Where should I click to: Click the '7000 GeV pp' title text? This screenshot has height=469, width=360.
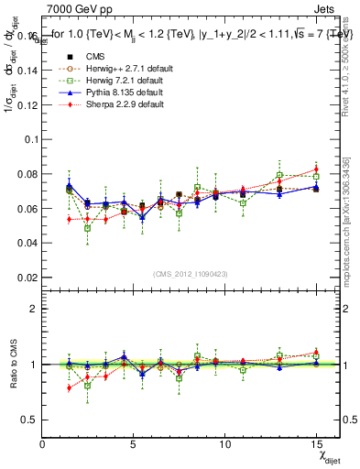[75, 8]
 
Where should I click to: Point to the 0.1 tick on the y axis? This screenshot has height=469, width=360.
[30, 139]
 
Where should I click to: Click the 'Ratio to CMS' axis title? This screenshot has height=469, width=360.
[10, 365]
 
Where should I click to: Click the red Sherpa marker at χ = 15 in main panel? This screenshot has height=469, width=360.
[316, 169]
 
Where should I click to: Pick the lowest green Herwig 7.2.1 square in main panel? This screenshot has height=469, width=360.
[88, 228]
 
